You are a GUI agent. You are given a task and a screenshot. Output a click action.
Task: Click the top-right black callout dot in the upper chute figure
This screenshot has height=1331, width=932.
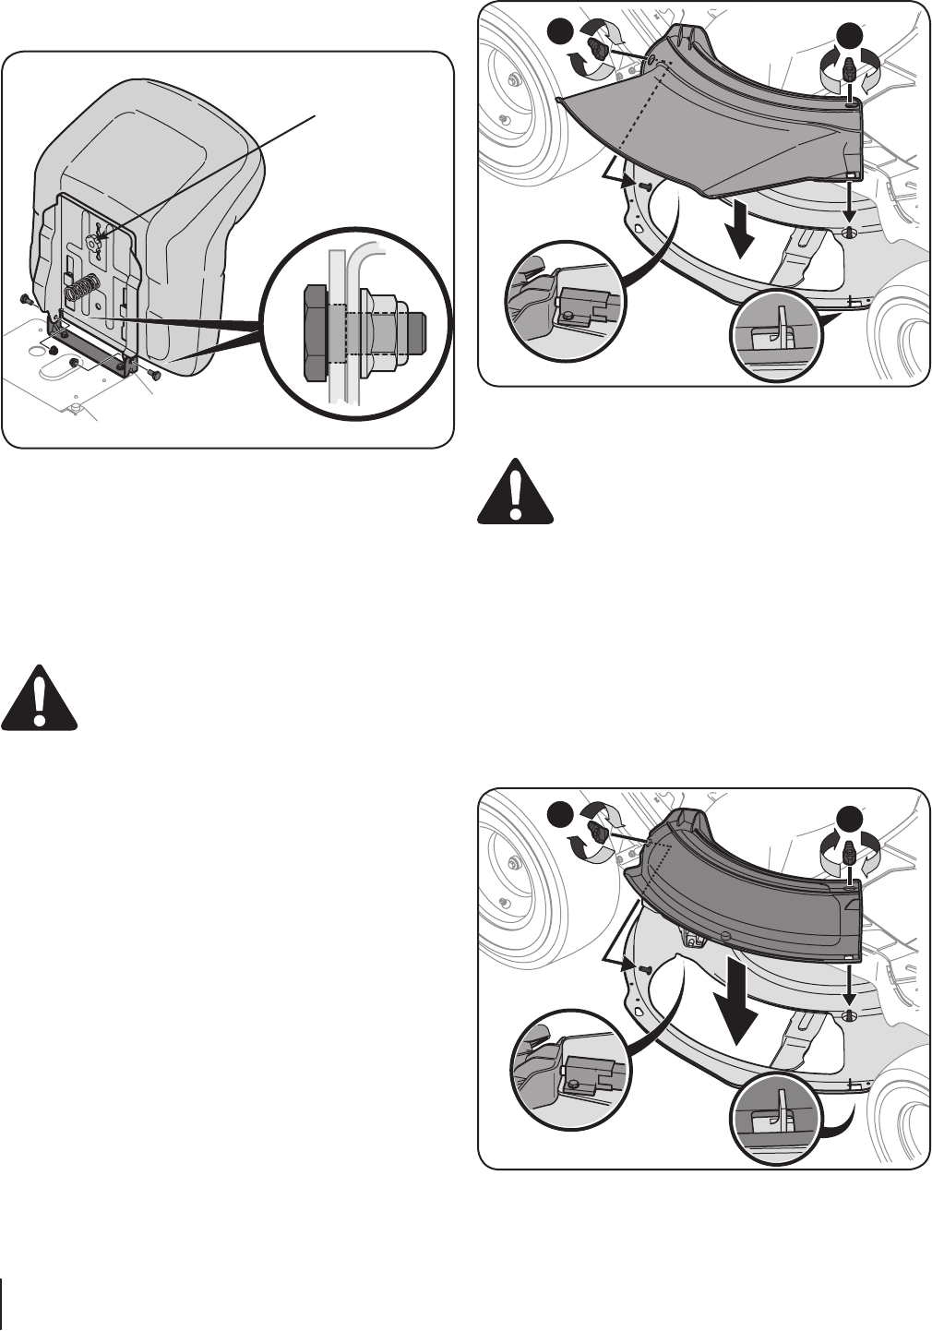pyautogui.click(x=849, y=37)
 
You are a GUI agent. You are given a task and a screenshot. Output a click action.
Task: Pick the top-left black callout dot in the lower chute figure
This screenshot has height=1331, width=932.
pyautogui.click(x=559, y=814)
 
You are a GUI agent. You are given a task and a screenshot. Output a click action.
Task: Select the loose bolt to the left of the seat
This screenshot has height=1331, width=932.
pyautogui.click(x=25, y=299)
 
